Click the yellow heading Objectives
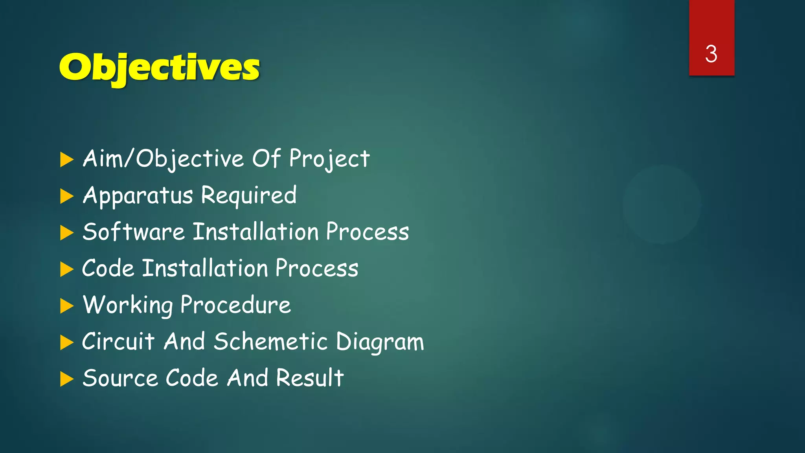[159, 68]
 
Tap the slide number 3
[711, 54]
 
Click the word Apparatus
[138, 195]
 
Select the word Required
[249, 195]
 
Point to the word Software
[134, 232]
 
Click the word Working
[128, 305]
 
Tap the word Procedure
[235, 305]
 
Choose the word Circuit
[118, 341]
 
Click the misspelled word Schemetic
[270, 341]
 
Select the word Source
[120, 378]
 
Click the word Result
[310, 378]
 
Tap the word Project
[329, 159]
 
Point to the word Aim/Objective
[163, 159]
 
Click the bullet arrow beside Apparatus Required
[67, 196]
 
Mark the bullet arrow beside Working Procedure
[67, 306]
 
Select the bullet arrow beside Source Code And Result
[67, 379]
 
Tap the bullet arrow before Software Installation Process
[67, 233]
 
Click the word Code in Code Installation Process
[108, 269]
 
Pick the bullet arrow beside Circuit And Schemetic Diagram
[67, 343]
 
